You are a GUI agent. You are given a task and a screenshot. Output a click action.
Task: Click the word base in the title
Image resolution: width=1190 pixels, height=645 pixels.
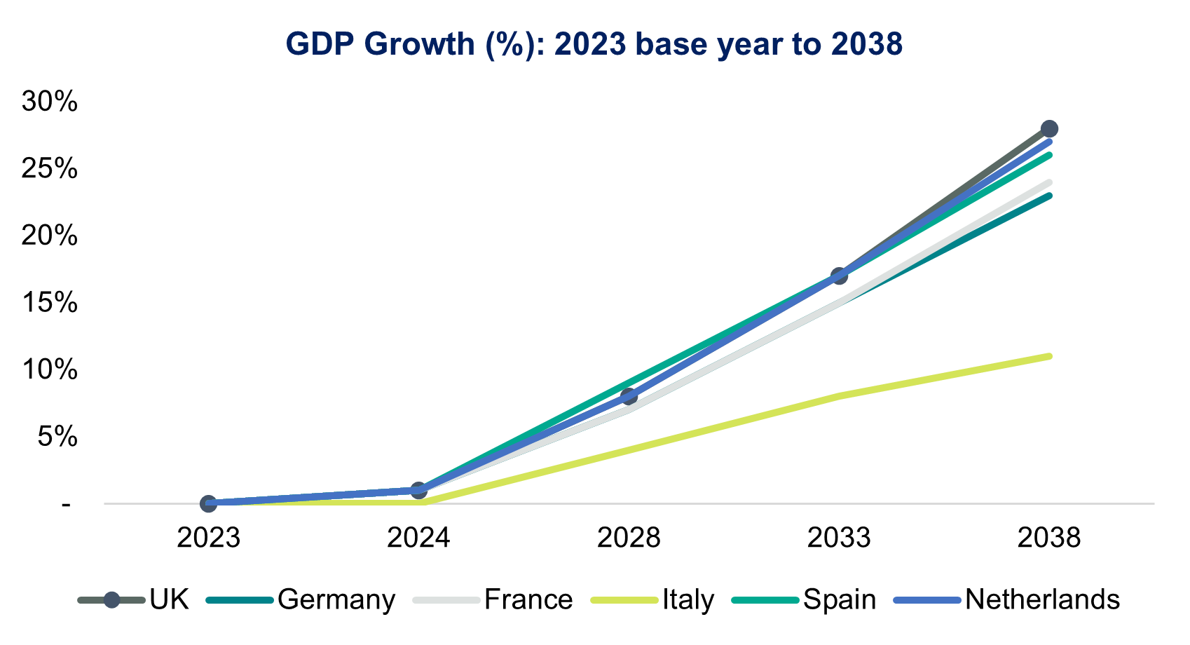670,44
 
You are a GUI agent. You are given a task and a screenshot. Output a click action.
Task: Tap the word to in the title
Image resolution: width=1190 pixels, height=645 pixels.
809,44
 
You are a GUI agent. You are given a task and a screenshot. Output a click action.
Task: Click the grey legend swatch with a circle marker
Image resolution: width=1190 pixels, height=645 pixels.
111,600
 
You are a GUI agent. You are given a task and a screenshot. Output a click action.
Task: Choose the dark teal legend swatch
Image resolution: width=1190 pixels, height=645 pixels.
240,600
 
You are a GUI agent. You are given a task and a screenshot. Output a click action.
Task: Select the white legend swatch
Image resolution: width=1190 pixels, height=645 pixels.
446,600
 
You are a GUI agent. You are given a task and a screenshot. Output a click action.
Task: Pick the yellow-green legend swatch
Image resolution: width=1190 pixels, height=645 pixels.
624,600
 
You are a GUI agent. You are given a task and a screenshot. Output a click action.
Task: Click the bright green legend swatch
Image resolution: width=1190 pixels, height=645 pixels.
765,600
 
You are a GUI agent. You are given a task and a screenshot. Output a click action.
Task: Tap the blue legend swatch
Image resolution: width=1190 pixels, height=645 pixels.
927,600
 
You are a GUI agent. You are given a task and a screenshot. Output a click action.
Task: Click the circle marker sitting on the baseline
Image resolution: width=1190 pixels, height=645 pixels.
208,503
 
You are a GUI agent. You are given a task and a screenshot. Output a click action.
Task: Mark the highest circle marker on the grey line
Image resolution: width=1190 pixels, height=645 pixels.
1049,129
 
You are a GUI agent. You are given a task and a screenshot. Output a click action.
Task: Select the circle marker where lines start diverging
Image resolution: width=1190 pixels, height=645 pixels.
418,490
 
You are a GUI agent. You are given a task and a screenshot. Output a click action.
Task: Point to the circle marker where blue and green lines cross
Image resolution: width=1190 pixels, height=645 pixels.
839,276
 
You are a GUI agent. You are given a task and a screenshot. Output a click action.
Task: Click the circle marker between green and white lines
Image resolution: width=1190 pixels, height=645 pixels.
629,397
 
